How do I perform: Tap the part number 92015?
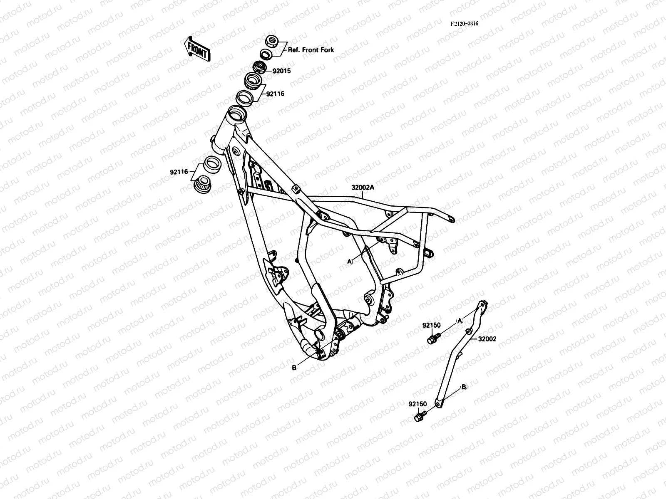tap(281, 71)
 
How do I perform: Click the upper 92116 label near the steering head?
tap(276, 94)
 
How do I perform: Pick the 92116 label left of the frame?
tap(179, 171)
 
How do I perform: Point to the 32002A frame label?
tap(363, 188)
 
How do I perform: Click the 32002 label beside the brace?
tap(487, 339)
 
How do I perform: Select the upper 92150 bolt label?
tap(432, 325)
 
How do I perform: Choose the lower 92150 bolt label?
tap(417, 403)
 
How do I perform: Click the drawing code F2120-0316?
tap(464, 24)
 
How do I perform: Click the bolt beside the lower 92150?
tap(420, 416)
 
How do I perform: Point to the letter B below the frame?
tap(294, 368)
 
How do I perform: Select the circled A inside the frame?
tap(350, 261)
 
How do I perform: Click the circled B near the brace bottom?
tap(464, 387)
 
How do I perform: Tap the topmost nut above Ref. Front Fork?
tap(272, 41)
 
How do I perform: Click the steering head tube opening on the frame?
tap(238, 113)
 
